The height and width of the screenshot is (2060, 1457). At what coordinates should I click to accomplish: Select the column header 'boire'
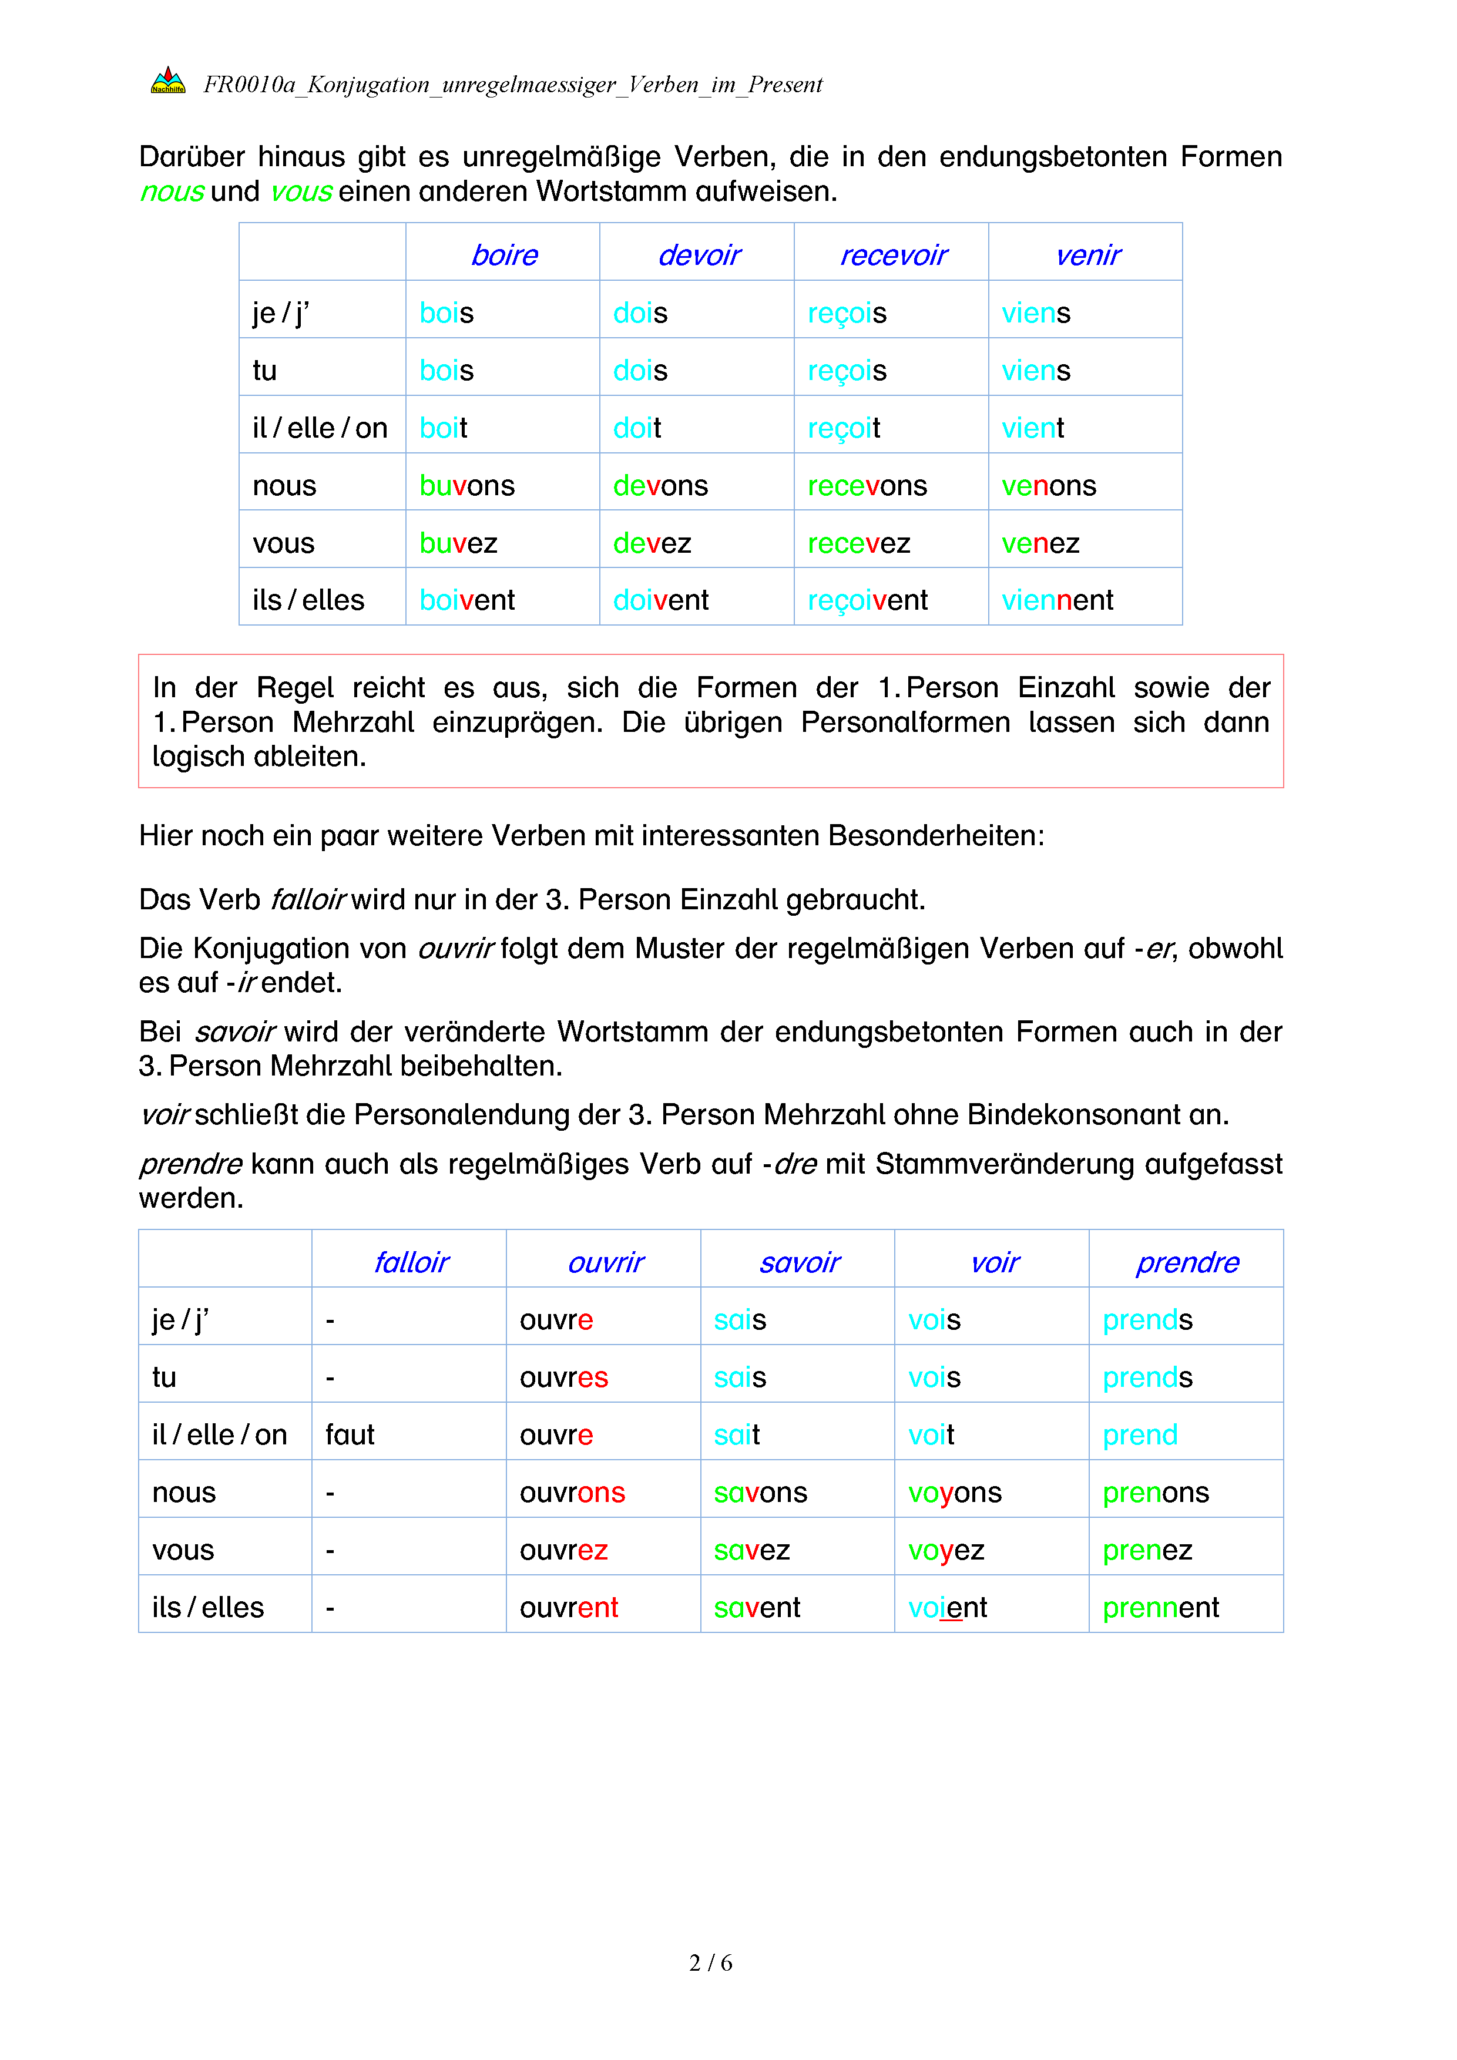pyautogui.click(x=504, y=256)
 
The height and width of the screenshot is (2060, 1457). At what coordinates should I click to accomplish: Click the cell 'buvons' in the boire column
pyautogui.click(x=466, y=485)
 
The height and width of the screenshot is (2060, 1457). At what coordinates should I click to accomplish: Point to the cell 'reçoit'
pyautogui.click(x=843, y=428)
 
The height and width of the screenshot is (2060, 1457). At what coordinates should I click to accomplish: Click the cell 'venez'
pyautogui.click(x=1040, y=543)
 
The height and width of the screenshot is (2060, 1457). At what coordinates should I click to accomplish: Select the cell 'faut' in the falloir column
pyautogui.click(x=350, y=1434)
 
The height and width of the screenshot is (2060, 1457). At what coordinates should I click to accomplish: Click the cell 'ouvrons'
pyautogui.click(x=572, y=1492)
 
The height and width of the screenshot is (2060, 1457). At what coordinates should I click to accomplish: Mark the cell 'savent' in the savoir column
pyautogui.click(x=756, y=1607)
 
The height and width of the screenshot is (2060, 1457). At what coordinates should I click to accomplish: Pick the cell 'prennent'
pyautogui.click(x=1160, y=1607)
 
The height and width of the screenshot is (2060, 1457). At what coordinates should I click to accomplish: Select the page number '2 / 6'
pyautogui.click(x=710, y=1962)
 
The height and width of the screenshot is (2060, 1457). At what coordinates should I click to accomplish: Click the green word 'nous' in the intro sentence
pyautogui.click(x=172, y=191)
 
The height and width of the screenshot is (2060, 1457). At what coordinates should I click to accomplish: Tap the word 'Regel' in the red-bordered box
pyautogui.click(x=294, y=687)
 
